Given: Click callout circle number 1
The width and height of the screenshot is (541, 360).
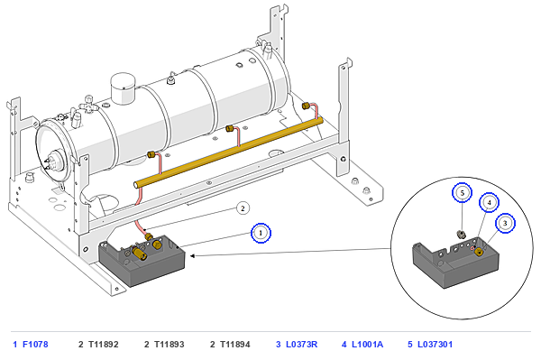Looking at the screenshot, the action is [261, 233].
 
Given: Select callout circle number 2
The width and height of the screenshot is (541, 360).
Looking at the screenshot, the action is [243, 208].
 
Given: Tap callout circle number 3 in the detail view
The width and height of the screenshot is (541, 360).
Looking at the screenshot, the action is [505, 224].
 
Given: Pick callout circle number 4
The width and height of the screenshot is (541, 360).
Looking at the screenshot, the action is [489, 203].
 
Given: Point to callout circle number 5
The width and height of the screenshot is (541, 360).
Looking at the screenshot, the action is [463, 192].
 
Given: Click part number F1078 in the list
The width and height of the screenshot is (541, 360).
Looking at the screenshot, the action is [35, 344].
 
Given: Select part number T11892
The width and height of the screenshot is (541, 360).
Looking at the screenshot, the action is [103, 344].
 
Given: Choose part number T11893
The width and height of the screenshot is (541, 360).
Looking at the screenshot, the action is [170, 344].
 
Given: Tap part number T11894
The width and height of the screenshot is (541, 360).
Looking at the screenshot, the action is [235, 344].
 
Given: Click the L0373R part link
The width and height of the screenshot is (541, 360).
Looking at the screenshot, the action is [301, 344].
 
